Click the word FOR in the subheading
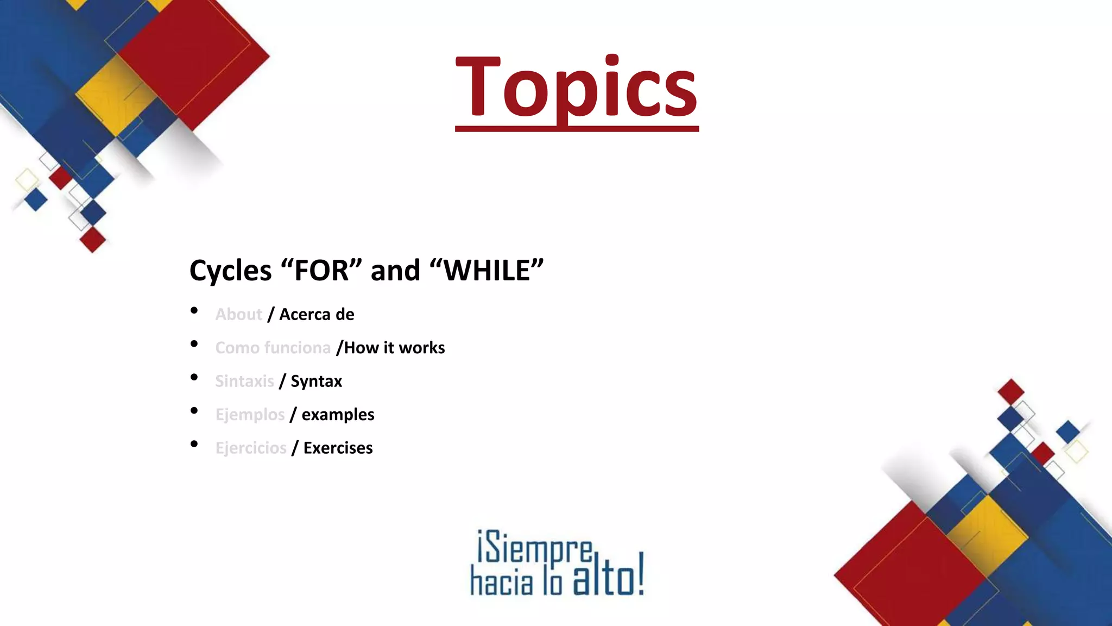(x=322, y=270)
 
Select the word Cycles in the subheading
(x=230, y=271)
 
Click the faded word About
(x=238, y=315)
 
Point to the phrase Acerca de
(x=317, y=315)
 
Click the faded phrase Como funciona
(x=273, y=348)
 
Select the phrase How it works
(x=394, y=348)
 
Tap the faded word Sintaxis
(x=244, y=381)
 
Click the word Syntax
(x=316, y=381)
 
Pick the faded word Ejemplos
(x=250, y=415)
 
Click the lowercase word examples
(x=338, y=415)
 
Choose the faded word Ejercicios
(x=251, y=448)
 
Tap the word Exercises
(x=338, y=448)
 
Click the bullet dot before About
(x=194, y=311)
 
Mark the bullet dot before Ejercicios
(x=194, y=444)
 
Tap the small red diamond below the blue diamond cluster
(x=92, y=240)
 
